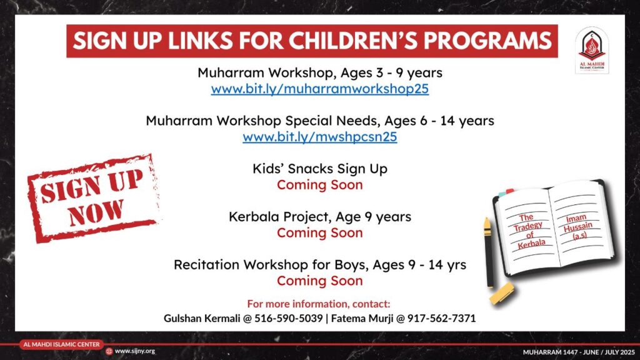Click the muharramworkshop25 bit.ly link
(x=319, y=89)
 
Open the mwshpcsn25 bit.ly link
(x=319, y=137)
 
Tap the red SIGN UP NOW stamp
(x=94, y=198)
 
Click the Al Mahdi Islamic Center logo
(x=592, y=50)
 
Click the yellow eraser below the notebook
(x=502, y=294)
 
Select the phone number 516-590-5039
(x=289, y=318)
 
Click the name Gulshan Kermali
(x=202, y=318)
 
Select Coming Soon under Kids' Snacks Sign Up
(x=319, y=185)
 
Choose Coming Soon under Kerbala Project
(x=319, y=232)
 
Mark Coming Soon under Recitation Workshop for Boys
(x=319, y=281)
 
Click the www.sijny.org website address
(x=135, y=351)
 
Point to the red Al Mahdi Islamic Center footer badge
(x=61, y=344)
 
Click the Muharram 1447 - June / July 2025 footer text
(x=579, y=352)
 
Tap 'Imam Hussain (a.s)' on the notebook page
(x=578, y=227)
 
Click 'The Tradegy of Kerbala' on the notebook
(x=529, y=231)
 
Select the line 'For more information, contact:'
(x=319, y=304)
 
